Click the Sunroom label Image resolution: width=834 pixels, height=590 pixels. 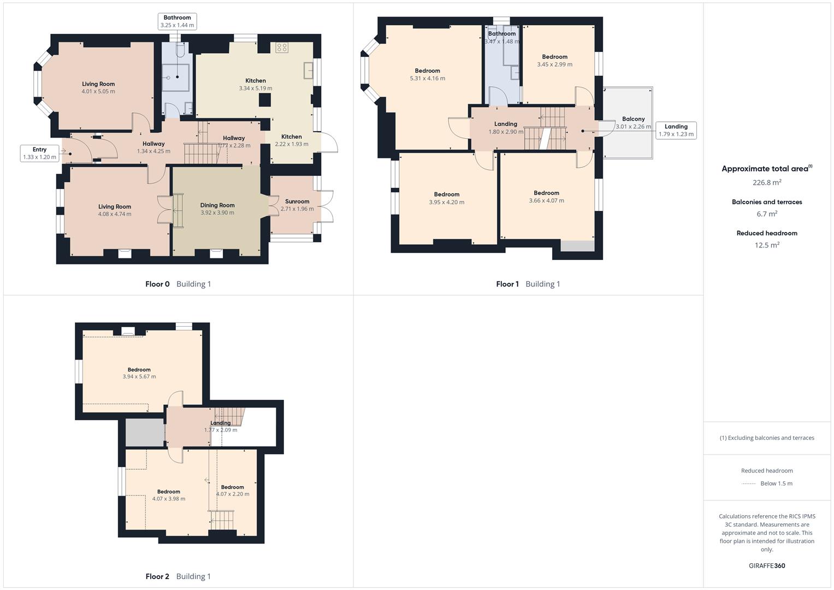pyautogui.click(x=297, y=202)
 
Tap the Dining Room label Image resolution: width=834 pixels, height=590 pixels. pyautogui.click(x=217, y=205)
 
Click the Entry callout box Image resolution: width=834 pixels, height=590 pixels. pyautogui.click(x=39, y=153)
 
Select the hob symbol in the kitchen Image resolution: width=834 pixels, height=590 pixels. pyautogui.click(x=281, y=48)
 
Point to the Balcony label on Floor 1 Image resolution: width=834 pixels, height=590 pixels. pyautogui.click(x=634, y=119)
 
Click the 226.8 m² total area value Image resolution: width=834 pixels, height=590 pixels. pyautogui.click(x=767, y=182)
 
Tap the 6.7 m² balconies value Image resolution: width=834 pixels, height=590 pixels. pyautogui.click(x=767, y=214)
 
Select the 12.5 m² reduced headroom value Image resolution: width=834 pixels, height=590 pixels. pyautogui.click(x=767, y=245)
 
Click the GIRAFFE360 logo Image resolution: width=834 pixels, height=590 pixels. pyautogui.click(x=767, y=565)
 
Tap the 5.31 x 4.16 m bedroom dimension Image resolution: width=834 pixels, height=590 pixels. pyautogui.click(x=428, y=78)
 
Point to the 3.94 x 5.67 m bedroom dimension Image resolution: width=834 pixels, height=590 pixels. pyautogui.click(x=139, y=376)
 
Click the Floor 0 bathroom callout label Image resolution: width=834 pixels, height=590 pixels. pyautogui.click(x=177, y=21)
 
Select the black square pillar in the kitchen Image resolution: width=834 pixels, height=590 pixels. pyautogui.click(x=265, y=100)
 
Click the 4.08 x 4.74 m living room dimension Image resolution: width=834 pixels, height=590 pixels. pyautogui.click(x=115, y=214)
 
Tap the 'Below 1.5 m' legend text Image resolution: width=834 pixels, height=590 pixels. pyautogui.click(x=776, y=483)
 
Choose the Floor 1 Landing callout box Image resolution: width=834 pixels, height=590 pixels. pyautogui.click(x=676, y=131)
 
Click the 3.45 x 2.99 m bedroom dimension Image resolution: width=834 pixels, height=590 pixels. pyautogui.click(x=555, y=64)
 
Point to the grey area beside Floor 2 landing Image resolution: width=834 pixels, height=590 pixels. pyautogui.click(x=144, y=432)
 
